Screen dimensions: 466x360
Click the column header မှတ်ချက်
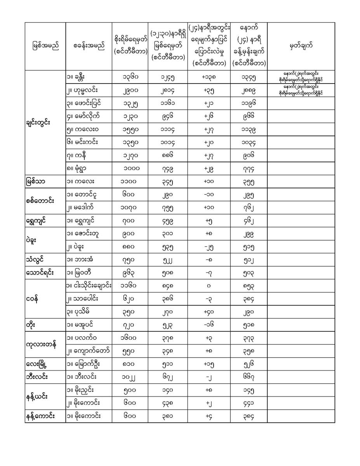coord(301,46)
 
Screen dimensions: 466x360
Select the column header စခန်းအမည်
coord(89,46)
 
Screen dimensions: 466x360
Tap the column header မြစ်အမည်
coord(45,46)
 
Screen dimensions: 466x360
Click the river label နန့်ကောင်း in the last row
coord(40,416)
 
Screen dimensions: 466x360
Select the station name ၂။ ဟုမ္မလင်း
coord(82,90)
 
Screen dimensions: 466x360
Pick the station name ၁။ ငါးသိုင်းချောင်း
coord(89,286)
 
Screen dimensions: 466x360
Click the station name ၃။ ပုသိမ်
coord(80,312)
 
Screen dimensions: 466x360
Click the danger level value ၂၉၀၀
coord(130,90)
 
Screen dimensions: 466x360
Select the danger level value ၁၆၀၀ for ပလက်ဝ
coord(130,338)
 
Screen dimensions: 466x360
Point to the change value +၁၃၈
coord(209,77)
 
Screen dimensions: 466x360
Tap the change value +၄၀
coord(209,312)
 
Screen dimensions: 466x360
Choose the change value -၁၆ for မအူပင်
coord(209,325)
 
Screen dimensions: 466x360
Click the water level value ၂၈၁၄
coord(168,90)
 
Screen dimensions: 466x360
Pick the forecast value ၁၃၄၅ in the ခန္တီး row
coord(249,77)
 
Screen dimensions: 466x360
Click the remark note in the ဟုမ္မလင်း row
coord(301,90)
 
